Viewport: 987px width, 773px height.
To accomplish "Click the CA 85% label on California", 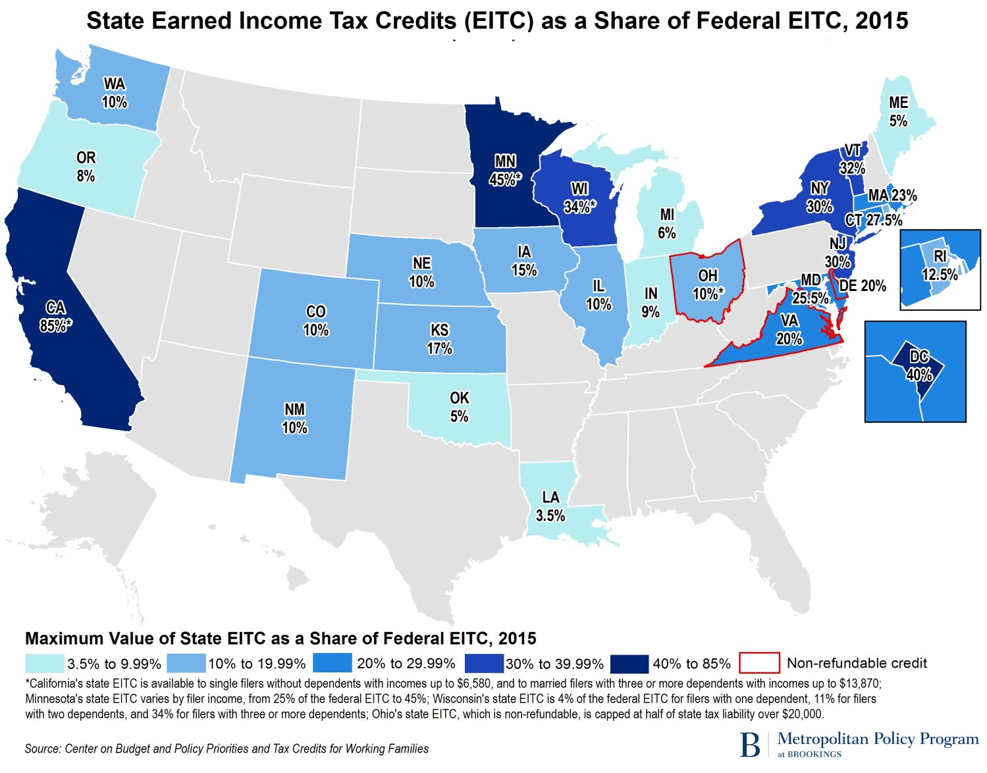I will pyautogui.click(x=55, y=317).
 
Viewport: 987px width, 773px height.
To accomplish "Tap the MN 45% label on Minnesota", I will pyautogui.click(x=505, y=171).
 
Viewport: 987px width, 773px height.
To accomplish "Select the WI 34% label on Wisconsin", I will pyautogui.click(x=579, y=198).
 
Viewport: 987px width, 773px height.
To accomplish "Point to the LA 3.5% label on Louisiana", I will pyautogui.click(x=550, y=506).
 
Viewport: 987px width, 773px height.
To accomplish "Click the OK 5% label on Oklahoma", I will pyautogui.click(x=459, y=407).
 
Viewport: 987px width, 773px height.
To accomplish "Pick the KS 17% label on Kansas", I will pyautogui.click(x=439, y=339).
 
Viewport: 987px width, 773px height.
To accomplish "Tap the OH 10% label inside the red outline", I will pyautogui.click(x=708, y=284).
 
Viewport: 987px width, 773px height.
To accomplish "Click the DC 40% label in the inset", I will pyautogui.click(x=919, y=366).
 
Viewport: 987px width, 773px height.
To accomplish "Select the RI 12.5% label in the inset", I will pyautogui.click(x=940, y=265).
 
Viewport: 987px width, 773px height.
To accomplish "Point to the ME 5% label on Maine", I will pyautogui.click(x=898, y=112).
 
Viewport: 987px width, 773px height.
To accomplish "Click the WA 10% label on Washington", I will pyautogui.click(x=115, y=93).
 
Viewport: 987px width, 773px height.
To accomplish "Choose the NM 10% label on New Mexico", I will pyautogui.click(x=294, y=418).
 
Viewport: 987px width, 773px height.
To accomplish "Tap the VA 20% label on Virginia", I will pyautogui.click(x=789, y=329).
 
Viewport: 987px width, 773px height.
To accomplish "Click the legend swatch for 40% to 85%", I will pyautogui.click(x=629, y=663).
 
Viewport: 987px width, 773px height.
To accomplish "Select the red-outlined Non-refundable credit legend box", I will pyautogui.click(x=759, y=663).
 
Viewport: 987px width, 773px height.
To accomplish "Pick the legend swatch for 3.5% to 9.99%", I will pyautogui.click(x=45, y=663).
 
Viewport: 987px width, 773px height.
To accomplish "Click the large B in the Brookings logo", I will pyautogui.click(x=749, y=744).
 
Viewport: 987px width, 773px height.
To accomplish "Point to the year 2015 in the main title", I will pyautogui.click(x=882, y=21).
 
